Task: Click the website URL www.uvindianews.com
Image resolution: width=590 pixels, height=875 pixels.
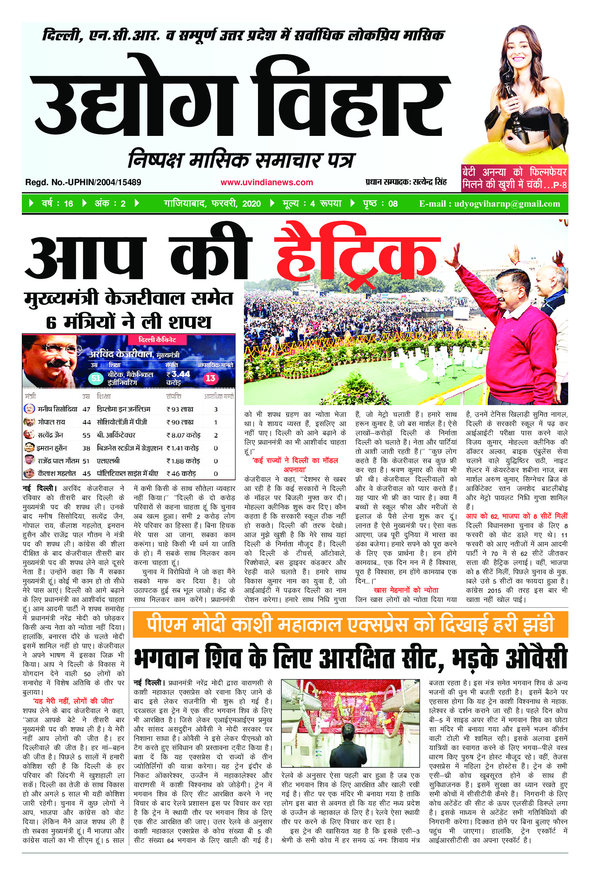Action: [266, 183]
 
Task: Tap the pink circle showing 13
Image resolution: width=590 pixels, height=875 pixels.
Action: [210, 378]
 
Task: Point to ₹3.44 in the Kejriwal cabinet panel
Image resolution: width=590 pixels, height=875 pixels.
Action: [178, 374]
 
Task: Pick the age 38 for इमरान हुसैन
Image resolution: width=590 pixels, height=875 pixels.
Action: [87, 448]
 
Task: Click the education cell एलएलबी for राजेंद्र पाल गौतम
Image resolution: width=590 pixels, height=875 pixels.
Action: [108, 461]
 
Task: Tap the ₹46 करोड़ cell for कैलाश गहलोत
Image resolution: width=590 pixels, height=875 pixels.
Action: [181, 474]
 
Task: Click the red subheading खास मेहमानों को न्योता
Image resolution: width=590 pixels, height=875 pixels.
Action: [406, 590]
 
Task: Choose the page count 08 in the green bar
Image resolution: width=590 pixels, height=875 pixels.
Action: [392, 204]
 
